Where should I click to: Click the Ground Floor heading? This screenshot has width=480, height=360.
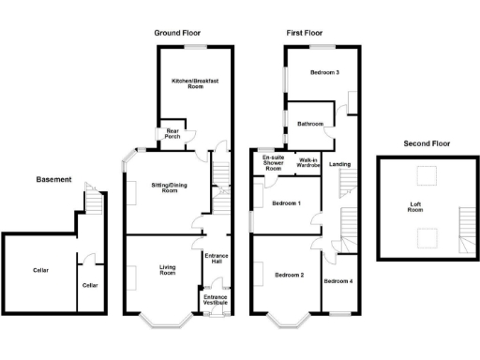(178, 33)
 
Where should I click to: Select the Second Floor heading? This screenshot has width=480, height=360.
(426, 144)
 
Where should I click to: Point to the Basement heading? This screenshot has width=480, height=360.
(52, 178)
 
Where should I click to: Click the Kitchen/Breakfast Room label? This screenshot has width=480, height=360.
(194, 84)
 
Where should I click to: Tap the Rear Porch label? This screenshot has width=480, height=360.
(172, 134)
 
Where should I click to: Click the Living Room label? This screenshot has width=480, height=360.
(167, 273)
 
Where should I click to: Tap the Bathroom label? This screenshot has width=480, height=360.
(310, 124)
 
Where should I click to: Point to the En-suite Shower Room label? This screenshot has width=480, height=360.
(273, 163)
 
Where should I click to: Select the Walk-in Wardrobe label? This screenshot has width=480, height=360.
(309, 163)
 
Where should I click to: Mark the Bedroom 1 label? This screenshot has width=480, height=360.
(286, 203)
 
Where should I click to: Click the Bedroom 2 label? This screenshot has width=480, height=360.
(289, 275)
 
